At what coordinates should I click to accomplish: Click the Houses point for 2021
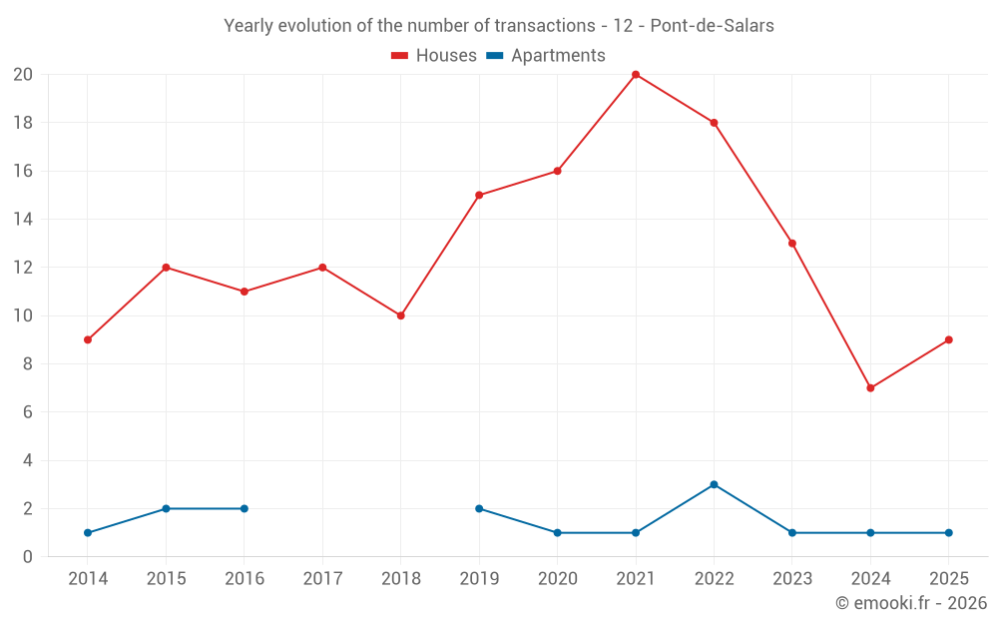click(636, 75)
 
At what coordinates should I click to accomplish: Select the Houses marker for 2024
click(870, 388)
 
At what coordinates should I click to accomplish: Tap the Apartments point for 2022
click(714, 485)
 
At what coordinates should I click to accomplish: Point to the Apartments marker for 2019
click(479, 509)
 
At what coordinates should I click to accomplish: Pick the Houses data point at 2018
click(401, 315)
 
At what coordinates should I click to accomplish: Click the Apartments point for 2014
click(88, 533)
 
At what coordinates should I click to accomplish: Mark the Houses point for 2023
click(792, 244)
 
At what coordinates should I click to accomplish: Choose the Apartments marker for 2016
click(245, 509)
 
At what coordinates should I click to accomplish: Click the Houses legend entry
click(434, 56)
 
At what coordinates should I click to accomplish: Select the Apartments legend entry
click(546, 56)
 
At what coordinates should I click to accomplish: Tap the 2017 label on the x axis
click(322, 579)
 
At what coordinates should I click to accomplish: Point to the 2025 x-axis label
click(948, 579)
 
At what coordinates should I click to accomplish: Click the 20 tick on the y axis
click(23, 75)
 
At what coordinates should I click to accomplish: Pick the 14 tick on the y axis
click(23, 220)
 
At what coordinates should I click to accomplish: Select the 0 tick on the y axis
click(28, 557)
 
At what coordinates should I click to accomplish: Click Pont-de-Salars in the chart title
click(712, 26)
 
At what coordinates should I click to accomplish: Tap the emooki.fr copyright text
click(911, 603)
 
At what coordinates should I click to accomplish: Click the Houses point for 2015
click(166, 268)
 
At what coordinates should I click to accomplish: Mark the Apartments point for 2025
click(948, 533)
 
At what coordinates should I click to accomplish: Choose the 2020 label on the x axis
click(557, 579)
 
